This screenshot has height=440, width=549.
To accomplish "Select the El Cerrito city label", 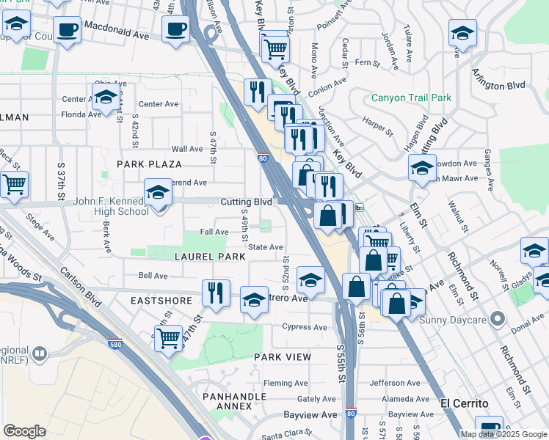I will (x=464, y=403).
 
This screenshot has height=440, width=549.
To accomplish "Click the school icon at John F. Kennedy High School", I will (x=158, y=194).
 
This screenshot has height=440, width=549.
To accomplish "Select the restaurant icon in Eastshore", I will (x=216, y=293).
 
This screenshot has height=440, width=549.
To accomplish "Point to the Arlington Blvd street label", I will (x=498, y=79).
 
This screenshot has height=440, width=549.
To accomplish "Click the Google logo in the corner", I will (x=24, y=430).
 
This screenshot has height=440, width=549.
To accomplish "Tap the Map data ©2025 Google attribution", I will (x=503, y=434).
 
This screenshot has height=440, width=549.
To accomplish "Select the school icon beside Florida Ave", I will (x=106, y=96).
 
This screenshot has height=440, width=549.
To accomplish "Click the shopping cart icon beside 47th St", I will (x=169, y=338).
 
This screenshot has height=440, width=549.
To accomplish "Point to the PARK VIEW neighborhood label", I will (x=283, y=356).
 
